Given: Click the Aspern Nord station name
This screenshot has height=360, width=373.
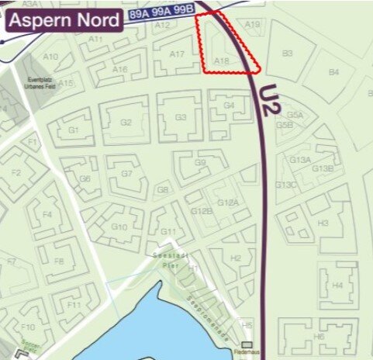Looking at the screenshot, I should pyautogui.click(x=64, y=19).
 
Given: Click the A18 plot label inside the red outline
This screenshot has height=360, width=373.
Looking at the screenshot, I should pyautogui.click(x=221, y=59).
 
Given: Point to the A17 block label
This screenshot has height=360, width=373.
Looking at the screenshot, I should pyautogui.click(x=177, y=54).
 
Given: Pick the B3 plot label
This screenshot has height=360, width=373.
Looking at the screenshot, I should pyautogui.click(x=287, y=53).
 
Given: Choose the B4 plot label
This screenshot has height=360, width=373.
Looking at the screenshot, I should pyautogui.click(x=333, y=72).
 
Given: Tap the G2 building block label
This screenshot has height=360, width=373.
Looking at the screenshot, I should pyautogui.click(x=126, y=123).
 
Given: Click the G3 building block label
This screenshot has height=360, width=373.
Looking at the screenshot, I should pyautogui.click(x=181, y=117).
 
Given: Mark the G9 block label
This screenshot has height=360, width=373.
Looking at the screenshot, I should pyautogui.click(x=201, y=163).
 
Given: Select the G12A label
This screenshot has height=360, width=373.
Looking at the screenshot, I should pyautogui.click(x=227, y=202).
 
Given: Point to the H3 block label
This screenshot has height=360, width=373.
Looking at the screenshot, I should pyautogui.click(x=323, y=223).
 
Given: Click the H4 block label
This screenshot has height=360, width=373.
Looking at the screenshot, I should pyautogui.click(x=337, y=286).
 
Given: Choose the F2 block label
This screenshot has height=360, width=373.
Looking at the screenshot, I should pyautogui.click(x=16, y=173).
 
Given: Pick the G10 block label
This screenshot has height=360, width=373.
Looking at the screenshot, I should pyautogui.click(x=119, y=227).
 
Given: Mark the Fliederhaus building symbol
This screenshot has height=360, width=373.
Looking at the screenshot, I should pyautogui.click(x=247, y=344).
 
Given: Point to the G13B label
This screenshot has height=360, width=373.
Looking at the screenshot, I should pyautogui.click(x=323, y=168).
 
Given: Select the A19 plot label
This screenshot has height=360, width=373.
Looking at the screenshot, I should pyautogui.click(x=252, y=25).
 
